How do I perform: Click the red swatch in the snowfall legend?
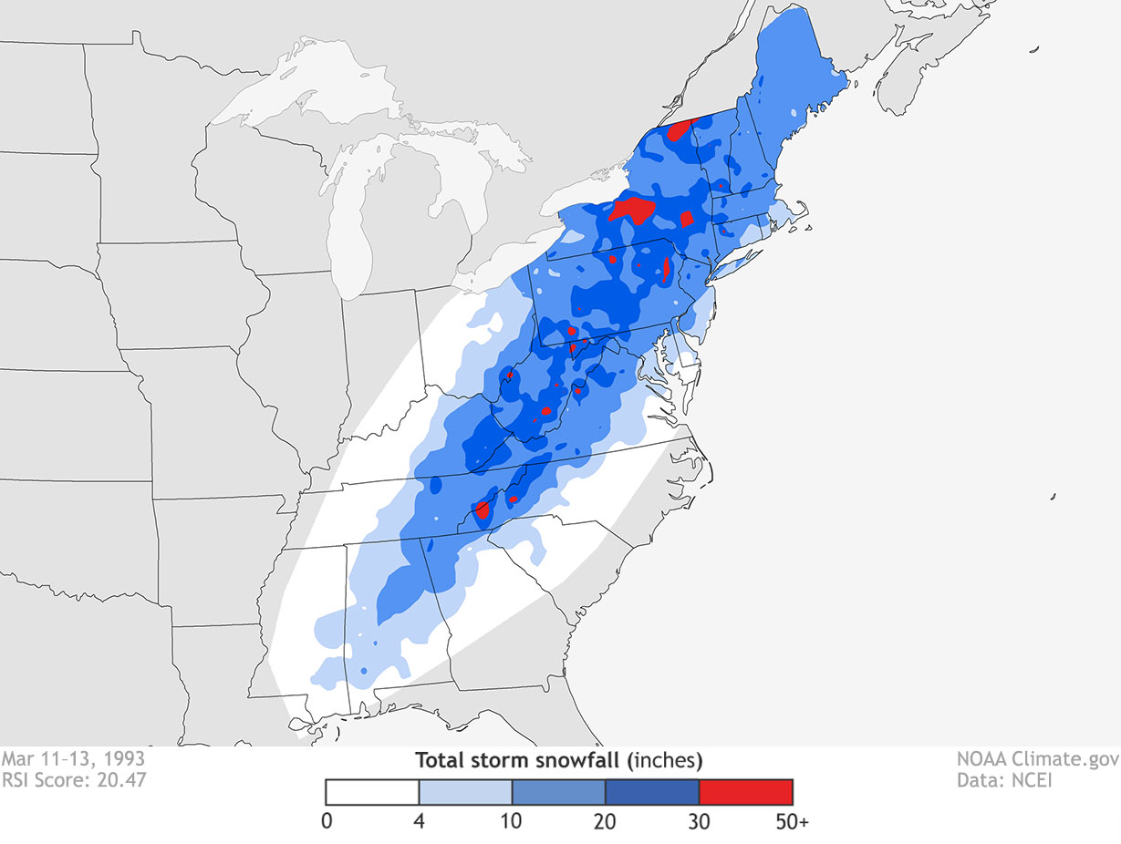tap(745, 791)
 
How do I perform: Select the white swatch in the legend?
tap(372, 791)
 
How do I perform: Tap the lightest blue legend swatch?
tap(465, 791)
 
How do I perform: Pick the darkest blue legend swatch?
tap(651, 791)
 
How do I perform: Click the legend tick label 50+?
tap(792, 821)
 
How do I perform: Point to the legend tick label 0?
tap(327, 821)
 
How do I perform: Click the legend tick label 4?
tap(420, 821)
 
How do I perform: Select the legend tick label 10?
tap(512, 821)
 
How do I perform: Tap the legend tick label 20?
tap(606, 821)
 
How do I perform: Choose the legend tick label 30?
tap(699, 821)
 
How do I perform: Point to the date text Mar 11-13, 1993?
tap(72, 758)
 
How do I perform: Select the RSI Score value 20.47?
tap(120, 779)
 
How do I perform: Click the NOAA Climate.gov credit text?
tap(1033, 758)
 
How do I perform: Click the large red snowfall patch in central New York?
tap(632, 210)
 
